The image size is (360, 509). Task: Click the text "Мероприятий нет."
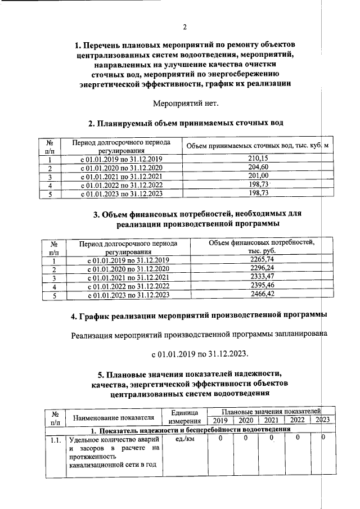pos(185,102)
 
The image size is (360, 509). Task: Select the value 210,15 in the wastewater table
pos(257,159)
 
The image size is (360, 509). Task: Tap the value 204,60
pos(257,168)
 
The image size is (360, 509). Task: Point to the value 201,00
pos(257,176)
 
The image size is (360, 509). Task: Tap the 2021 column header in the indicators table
pos(271,421)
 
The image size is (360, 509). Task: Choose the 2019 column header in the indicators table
pos(220,421)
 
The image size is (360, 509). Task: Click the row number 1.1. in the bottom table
pos(55,439)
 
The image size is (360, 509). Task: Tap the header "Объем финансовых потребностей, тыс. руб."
pos(262,246)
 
